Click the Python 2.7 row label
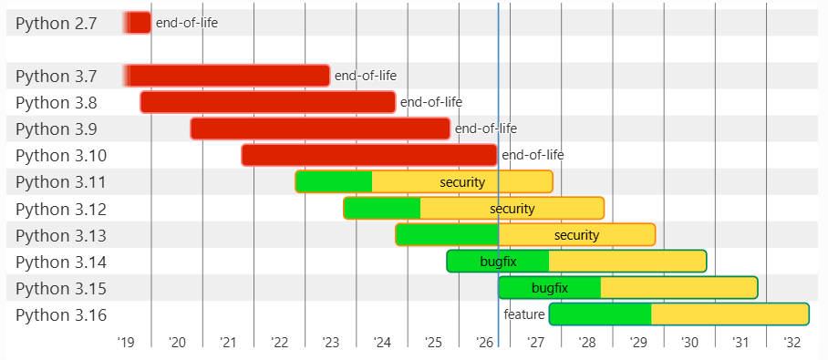pyautogui.click(x=57, y=23)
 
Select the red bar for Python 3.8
pyautogui.click(x=268, y=102)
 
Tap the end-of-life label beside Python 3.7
pyautogui.click(x=366, y=76)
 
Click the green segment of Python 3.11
pyautogui.click(x=334, y=181)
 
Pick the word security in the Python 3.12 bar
pyautogui.click(x=512, y=209)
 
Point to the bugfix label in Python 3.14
pyautogui.click(x=499, y=262)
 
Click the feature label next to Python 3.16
pyautogui.click(x=523, y=314)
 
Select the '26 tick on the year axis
pyautogui.click(x=484, y=342)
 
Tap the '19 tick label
pyautogui.click(x=126, y=342)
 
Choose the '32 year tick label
pyautogui.click(x=792, y=342)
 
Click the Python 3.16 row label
pyautogui.click(x=61, y=315)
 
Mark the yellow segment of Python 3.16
pyautogui.click(x=730, y=314)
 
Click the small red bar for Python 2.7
pyautogui.click(x=138, y=23)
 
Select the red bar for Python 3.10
pyautogui.click(x=369, y=155)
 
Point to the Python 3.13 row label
pyautogui.click(x=61, y=235)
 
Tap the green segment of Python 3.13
pyautogui.click(x=447, y=235)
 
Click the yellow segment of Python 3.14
pyautogui.click(x=628, y=262)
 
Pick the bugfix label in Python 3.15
pyautogui.click(x=550, y=288)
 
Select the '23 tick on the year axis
pyautogui.click(x=331, y=342)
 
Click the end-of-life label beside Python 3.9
pyautogui.click(x=486, y=129)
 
